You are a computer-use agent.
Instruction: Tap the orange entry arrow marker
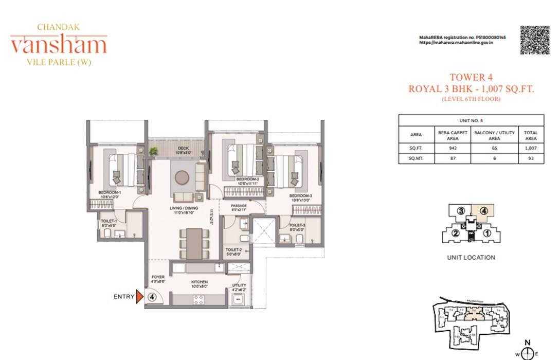139,297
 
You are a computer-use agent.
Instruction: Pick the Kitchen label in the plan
200,282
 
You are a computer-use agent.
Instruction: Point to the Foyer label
158,277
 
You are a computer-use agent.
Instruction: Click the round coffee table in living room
182,177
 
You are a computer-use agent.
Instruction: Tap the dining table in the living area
194,243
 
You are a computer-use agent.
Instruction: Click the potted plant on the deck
153,151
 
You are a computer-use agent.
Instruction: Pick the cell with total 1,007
531,148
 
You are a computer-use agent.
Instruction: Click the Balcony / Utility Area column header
494,135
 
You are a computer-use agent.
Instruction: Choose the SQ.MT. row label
416,159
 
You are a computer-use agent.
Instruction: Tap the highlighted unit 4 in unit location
483,210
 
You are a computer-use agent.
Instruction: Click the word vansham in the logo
58,45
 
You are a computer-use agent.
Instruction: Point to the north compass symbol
527,353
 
